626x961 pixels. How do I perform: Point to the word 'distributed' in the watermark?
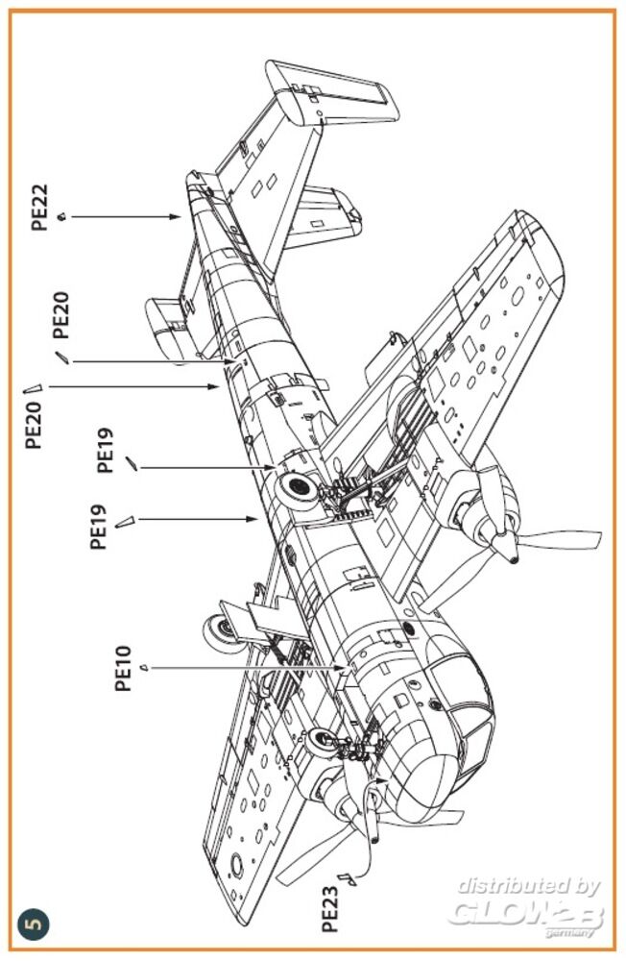pyautogui.click(x=508, y=885)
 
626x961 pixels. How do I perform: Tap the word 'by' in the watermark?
pyautogui.click(x=585, y=886)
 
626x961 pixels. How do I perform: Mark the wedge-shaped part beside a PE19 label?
pyautogui.click(x=123, y=522)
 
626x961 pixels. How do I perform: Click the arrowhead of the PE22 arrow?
pyautogui.click(x=181, y=217)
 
